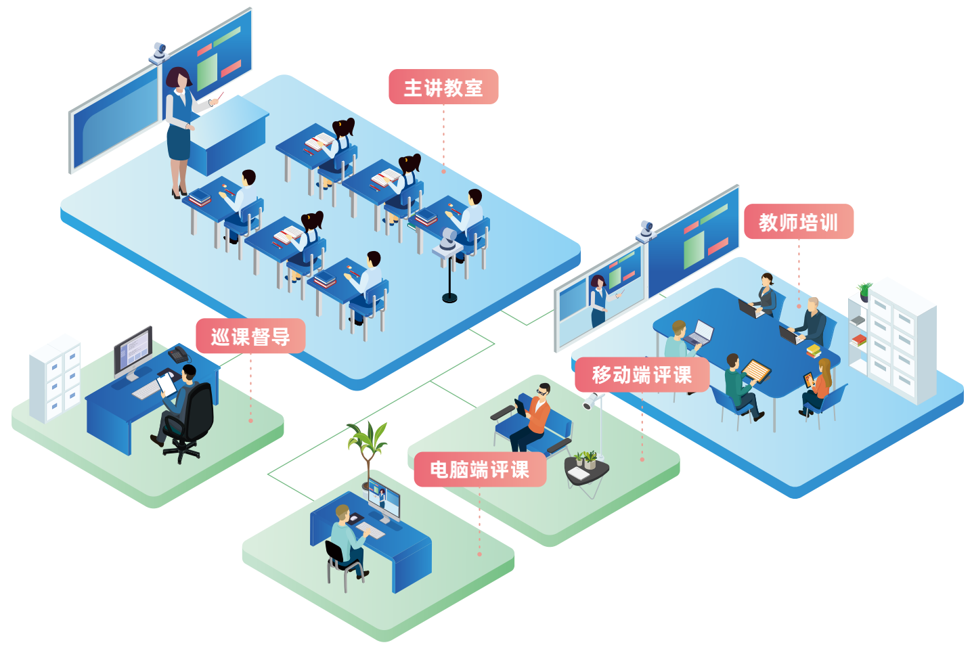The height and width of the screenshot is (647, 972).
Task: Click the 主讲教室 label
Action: point(443,87)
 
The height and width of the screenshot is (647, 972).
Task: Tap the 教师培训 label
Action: point(798,222)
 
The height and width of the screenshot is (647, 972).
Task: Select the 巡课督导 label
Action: point(250,336)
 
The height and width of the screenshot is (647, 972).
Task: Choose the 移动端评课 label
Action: point(642,375)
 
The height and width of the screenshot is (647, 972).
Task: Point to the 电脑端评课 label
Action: point(480,469)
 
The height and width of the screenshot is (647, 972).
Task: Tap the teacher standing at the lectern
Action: point(180,129)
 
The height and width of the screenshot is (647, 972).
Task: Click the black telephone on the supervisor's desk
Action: point(179,354)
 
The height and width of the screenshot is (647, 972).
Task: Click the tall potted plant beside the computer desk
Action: point(368,447)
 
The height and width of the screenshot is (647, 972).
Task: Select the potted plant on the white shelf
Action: point(864,291)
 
